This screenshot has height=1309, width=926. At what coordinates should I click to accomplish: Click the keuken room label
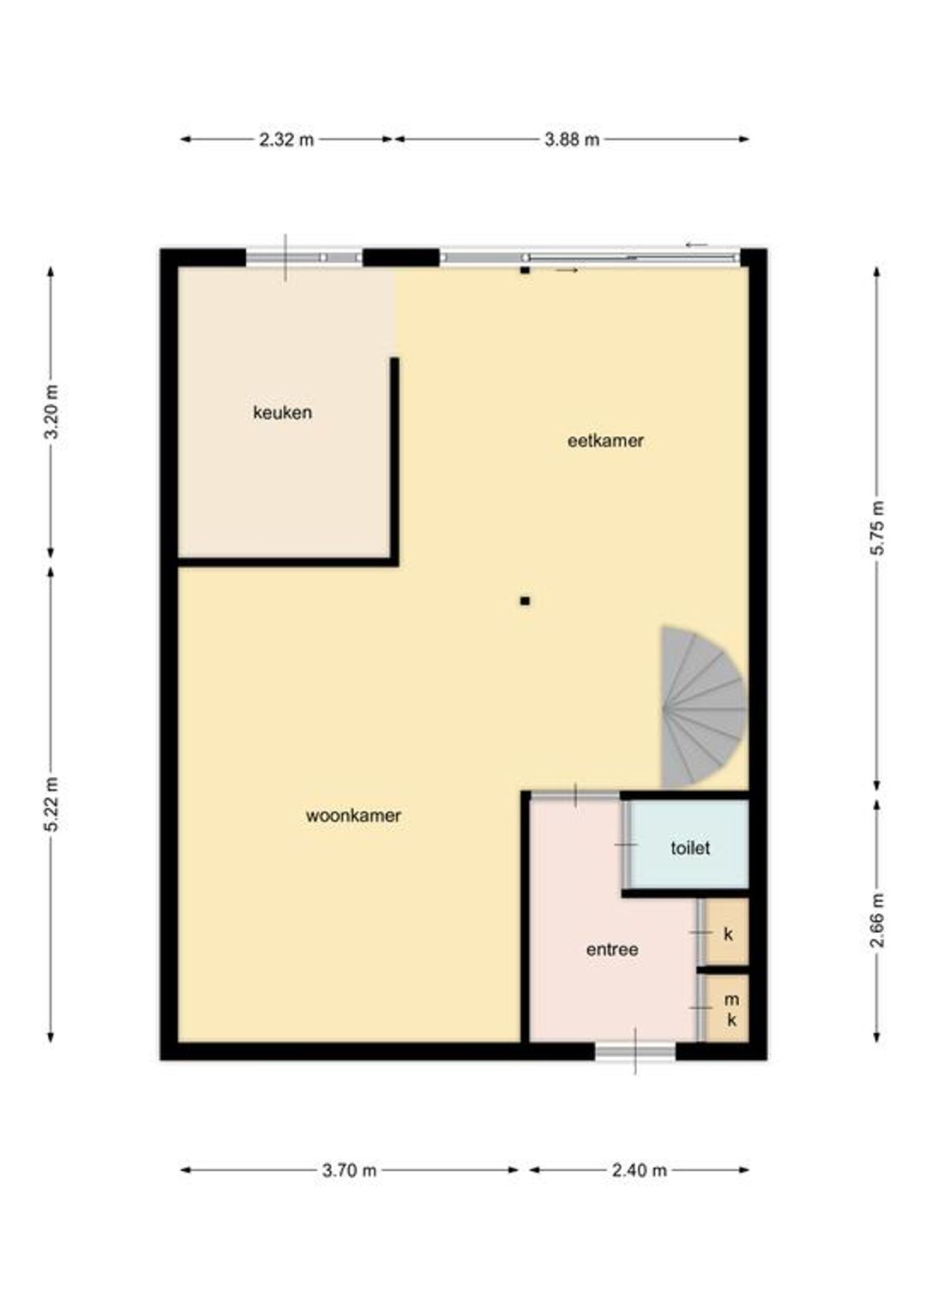click(x=282, y=413)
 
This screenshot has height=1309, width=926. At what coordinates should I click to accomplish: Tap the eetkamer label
click(x=604, y=440)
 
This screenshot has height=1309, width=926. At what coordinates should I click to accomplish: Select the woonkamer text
click(x=352, y=816)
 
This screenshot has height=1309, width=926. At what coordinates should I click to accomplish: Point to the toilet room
click(x=690, y=848)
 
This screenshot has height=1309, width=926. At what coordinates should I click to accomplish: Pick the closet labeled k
click(x=726, y=934)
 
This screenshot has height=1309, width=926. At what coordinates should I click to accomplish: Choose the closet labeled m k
click(x=726, y=1008)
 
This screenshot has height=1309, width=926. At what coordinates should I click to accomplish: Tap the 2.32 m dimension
click(x=286, y=140)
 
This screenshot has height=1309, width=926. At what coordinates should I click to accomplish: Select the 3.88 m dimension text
click(x=572, y=140)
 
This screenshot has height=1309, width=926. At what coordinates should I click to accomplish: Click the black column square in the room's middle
click(x=525, y=601)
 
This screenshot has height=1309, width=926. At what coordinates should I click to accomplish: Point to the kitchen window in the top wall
click(x=304, y=257)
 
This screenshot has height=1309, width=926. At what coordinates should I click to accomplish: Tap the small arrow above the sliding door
click(x=696, y=245)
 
